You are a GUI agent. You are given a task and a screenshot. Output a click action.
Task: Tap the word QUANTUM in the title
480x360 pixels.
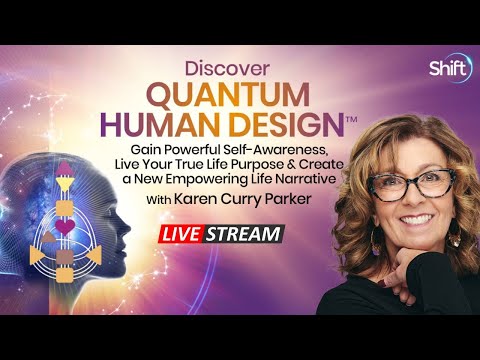(x=240, y=95)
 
